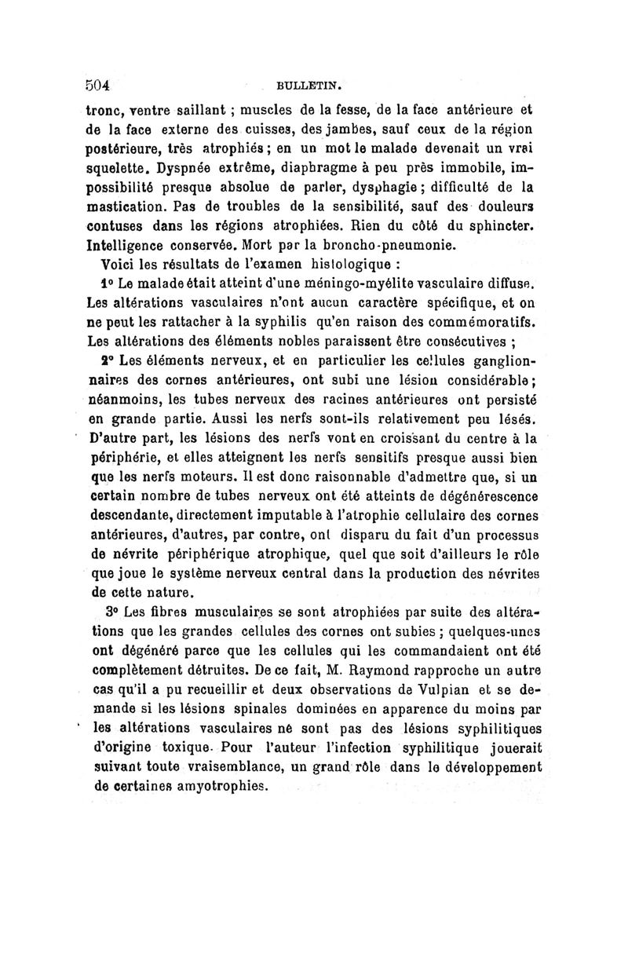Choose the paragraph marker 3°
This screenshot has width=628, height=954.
[x=111, y=610]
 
